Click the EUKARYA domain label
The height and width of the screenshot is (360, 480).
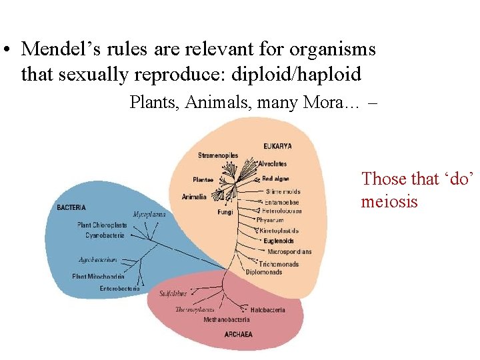277,146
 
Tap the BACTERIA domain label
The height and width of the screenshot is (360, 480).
71,207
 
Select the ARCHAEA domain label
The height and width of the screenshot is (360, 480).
239,334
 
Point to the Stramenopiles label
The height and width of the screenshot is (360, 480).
218,155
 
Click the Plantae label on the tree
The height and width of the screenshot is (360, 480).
203,179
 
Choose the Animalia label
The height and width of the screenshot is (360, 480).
194,197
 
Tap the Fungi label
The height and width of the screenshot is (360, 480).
225,213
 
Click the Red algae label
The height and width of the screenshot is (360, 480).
275,179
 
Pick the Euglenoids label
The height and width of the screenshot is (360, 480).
278,241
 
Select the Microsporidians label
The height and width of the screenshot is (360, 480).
289,252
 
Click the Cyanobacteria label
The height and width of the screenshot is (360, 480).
105,235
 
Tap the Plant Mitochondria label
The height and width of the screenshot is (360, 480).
98,276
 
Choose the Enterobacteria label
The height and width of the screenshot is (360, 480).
119,289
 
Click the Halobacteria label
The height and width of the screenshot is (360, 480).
268,310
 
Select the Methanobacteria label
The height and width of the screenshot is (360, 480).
227,320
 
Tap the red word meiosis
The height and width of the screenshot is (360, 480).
389,201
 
